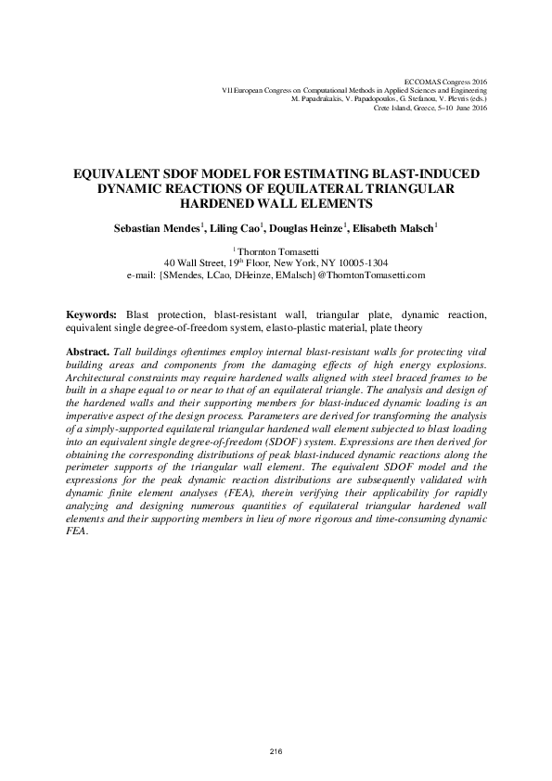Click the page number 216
pyautogui.click(x=276, y=749)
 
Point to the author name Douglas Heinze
pyautogui.click(x=305, y=227)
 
